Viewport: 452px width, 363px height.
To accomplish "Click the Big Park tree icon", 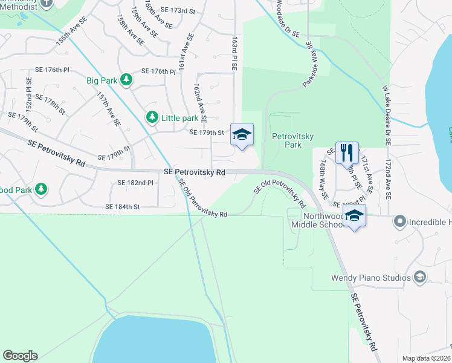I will (126, 80).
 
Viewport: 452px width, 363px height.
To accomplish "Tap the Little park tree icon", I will (151, 117).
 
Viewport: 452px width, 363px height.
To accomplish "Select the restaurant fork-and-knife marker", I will (347, 152).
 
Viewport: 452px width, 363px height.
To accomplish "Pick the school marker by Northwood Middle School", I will (354, 215).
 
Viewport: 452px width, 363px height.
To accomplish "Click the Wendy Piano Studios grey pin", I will (419, 278).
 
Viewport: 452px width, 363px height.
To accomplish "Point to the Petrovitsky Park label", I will (293, 140).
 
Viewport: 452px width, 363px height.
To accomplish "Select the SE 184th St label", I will (123, 206).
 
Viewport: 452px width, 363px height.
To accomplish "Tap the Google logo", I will (20, 356).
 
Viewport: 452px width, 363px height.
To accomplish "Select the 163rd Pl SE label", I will (234, 51).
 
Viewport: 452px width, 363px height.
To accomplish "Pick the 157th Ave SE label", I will (109, 110).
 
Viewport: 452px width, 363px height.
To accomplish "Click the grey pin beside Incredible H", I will (399, 222).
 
